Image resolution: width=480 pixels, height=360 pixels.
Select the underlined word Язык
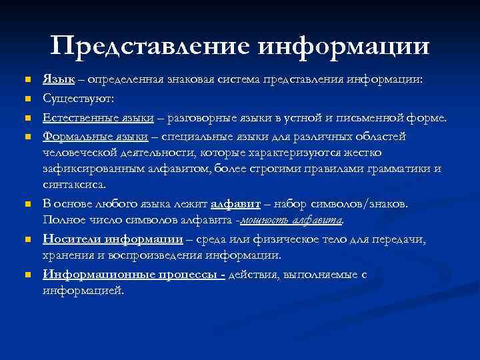[x=59, y=79]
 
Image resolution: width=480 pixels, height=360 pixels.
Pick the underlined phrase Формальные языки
[x=95, y=136]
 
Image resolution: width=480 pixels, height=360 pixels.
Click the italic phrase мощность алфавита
[x=291, y=219]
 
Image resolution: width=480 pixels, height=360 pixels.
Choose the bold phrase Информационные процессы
[x=134, y=274]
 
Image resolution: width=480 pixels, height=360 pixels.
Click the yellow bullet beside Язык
[x=27, y=80]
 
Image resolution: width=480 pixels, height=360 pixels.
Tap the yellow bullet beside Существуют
[x=27, y=99]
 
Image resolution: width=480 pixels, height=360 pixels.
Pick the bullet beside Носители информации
[x=27, y=239]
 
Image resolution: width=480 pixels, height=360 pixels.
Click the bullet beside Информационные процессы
[x=27, y=275]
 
